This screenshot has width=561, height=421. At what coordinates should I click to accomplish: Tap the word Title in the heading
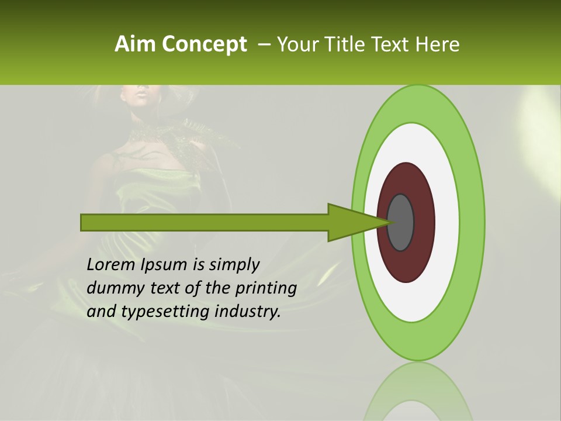(x=345, y=44)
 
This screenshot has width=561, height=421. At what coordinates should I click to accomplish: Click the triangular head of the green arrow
(x=351, y=222)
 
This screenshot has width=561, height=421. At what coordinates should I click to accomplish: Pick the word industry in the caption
(x=248, y=312)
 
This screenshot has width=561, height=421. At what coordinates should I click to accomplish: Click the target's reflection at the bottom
(x=418, y=392)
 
